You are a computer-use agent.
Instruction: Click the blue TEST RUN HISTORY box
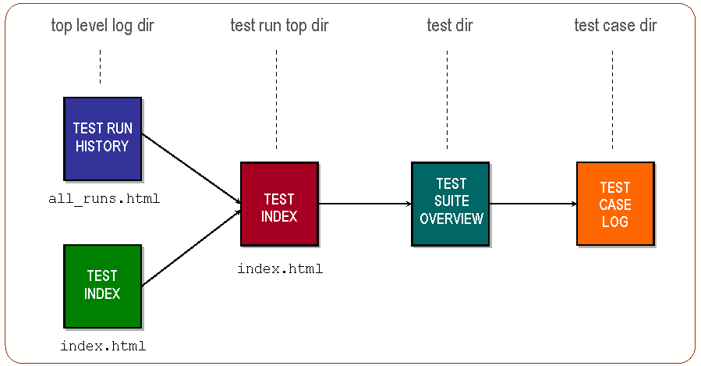coord(102,137)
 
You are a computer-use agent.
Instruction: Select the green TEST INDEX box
coord(102,285)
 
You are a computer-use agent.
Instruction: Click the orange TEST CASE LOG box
coord(614,204)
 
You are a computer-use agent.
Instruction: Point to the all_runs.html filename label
coord(104,199)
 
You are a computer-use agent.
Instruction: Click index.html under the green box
coord(103,346)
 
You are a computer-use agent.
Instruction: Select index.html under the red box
coord(280,269)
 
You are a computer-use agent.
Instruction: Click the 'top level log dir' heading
coord(102,26)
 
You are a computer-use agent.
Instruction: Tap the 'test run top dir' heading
coord(279,26)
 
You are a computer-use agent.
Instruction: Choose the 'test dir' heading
coord(450,26)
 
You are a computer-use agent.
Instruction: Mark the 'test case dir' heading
coord(615,26)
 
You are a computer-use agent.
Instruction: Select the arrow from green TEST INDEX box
coord(191,247)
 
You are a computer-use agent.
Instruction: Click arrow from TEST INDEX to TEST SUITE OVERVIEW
coord(365,204)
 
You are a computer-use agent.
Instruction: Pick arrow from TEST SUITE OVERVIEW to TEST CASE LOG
coord(533,204)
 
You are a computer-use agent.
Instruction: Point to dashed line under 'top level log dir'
coord(101,67)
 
